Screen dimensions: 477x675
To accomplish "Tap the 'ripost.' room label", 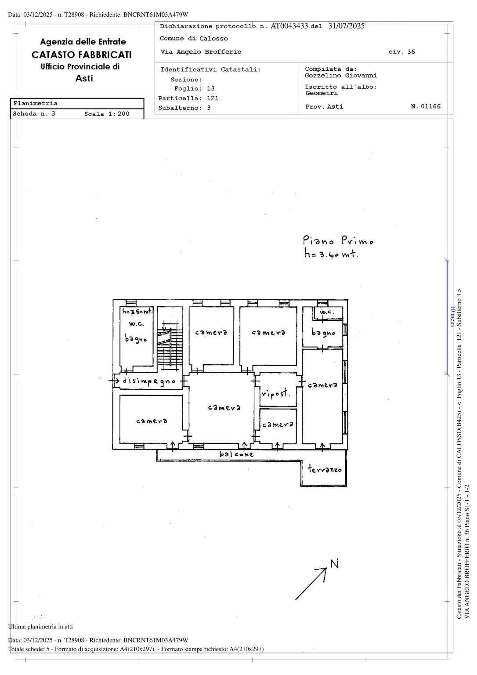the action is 275,393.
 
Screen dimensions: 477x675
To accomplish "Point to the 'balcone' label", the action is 236,454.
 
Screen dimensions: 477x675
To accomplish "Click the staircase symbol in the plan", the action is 170,339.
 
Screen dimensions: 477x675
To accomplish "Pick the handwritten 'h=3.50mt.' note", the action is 137,311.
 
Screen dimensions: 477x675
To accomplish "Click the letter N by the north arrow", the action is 335,563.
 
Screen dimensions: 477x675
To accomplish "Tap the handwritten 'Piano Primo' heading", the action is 338,240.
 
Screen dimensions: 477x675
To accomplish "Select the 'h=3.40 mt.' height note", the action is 331,254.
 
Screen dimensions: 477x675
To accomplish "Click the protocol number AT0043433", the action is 289,26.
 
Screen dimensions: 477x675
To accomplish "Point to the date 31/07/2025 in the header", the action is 346,26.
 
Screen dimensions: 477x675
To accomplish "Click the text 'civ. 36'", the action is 402,51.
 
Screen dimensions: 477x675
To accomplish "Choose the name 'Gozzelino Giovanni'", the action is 341,75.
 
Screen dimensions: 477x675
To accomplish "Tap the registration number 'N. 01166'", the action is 426,106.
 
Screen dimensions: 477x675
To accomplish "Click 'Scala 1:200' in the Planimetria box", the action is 107,114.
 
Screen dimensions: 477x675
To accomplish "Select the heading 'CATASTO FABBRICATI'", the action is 82,54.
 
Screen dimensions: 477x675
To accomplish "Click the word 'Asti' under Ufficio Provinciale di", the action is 84,78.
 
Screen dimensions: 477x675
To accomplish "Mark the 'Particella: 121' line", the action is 188,98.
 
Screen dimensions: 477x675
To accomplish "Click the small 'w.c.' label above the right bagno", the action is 327,312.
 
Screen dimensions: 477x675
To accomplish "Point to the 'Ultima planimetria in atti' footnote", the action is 40,627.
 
